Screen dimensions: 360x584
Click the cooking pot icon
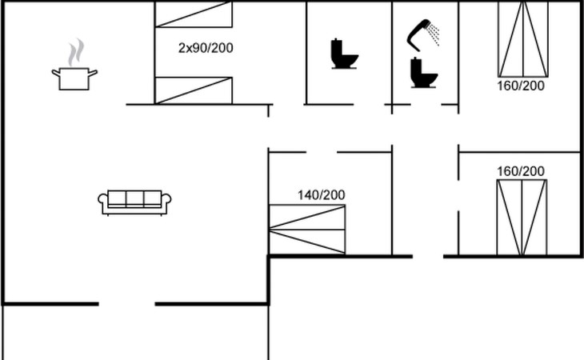coord(74,78)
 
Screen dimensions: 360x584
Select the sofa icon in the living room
coord(135,202)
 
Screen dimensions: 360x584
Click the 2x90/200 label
coord(206,48)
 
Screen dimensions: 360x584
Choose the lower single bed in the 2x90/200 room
coord(194,90)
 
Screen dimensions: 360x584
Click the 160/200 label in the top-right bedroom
coord(520,86)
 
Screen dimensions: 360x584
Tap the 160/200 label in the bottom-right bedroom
coord(520,171)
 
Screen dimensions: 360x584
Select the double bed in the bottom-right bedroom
coord(521,218)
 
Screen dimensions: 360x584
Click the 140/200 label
coord(322,194)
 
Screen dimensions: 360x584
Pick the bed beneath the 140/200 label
coord(307,230)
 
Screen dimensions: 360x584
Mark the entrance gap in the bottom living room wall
coord(126,303)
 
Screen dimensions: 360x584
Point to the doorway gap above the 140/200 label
coord(321,150)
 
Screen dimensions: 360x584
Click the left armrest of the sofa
coord(102,203)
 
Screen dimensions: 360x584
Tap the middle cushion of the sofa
coord(135,198)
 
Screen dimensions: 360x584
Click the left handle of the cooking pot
coord(55,73)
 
